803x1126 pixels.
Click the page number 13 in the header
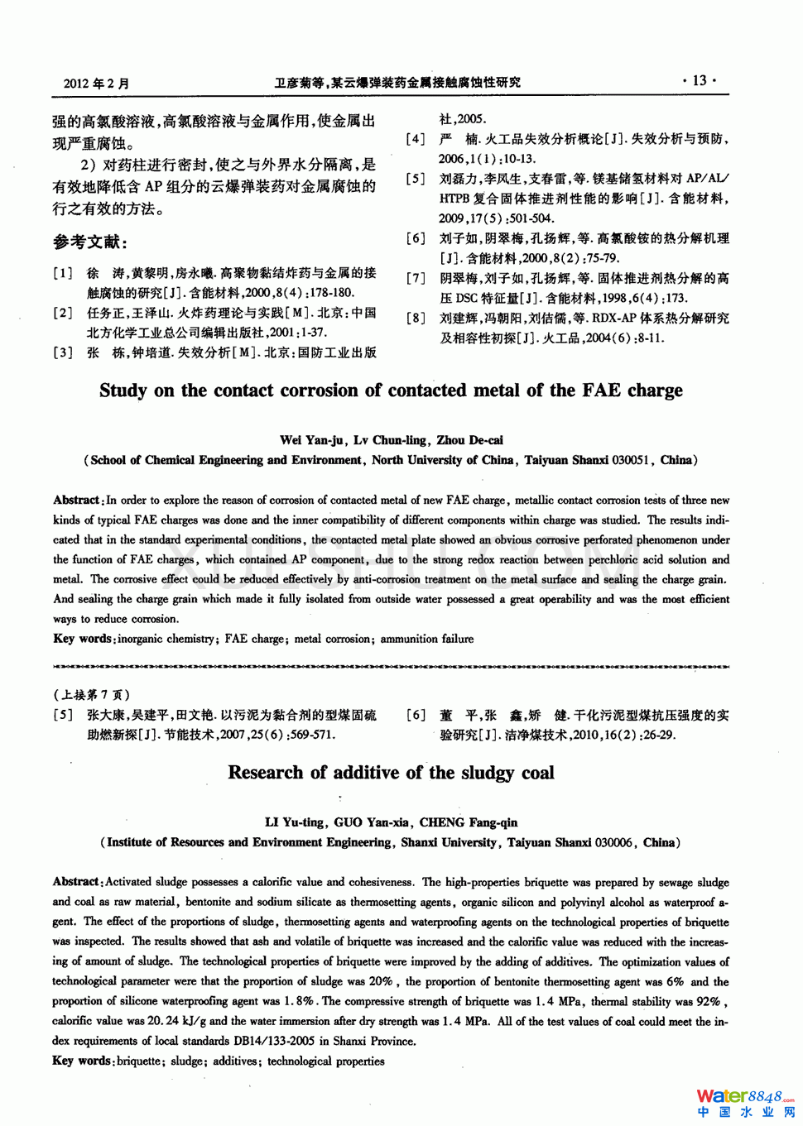(x=700, y=80)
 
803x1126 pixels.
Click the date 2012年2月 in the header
(x=97, y=83)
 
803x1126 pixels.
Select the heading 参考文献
(x=90, y=242)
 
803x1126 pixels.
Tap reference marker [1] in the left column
(x=63, y=273)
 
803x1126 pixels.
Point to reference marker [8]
(x=416, y=319)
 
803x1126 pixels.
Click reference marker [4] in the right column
(x=416, y=139)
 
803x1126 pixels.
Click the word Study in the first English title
(x=123, y=391)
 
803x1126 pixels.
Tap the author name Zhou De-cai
(x=469, y=440)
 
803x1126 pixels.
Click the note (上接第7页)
(x=91, y=695)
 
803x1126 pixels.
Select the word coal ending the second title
(x=537, y=773)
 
